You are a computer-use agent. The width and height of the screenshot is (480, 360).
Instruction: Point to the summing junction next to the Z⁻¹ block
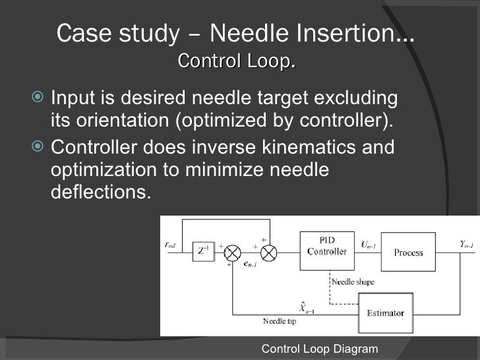coord(232,252)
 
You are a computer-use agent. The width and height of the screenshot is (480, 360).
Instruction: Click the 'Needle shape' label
coord(353,282)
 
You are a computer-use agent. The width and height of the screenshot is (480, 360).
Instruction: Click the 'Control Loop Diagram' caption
coord(320,349)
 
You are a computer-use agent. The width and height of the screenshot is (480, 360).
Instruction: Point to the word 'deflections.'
coord(96,193)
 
